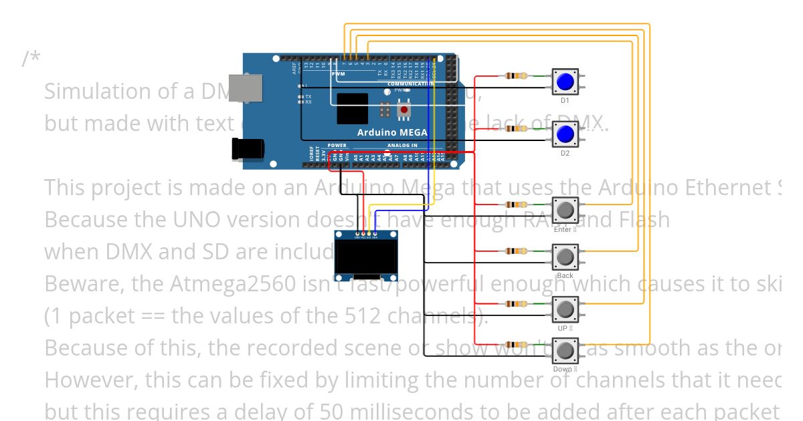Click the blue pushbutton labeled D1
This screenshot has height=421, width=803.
[565, 82]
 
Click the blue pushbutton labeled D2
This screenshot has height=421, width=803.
[565, 135]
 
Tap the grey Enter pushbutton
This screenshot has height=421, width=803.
[565, 210]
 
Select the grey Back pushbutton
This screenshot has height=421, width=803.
[565, 256]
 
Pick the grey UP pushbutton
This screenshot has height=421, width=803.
[565, 309]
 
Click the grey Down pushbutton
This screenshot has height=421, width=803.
[565, 350]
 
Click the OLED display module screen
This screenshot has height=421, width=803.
[365, 257]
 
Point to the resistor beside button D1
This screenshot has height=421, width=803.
[515, 76]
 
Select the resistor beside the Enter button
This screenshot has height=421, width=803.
[515, 204]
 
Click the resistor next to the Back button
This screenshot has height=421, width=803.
[515, 251]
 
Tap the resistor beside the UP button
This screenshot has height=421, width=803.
[515, 304]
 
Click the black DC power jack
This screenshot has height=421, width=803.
[245, 148]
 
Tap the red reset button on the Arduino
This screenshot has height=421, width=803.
[404, 109]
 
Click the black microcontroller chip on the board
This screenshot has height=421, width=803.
[352, 109]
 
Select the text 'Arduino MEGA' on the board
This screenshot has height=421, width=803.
[391, 132]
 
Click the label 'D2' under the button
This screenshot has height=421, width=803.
[565, 154]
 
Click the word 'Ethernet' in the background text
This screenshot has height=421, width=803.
[731, 188]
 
